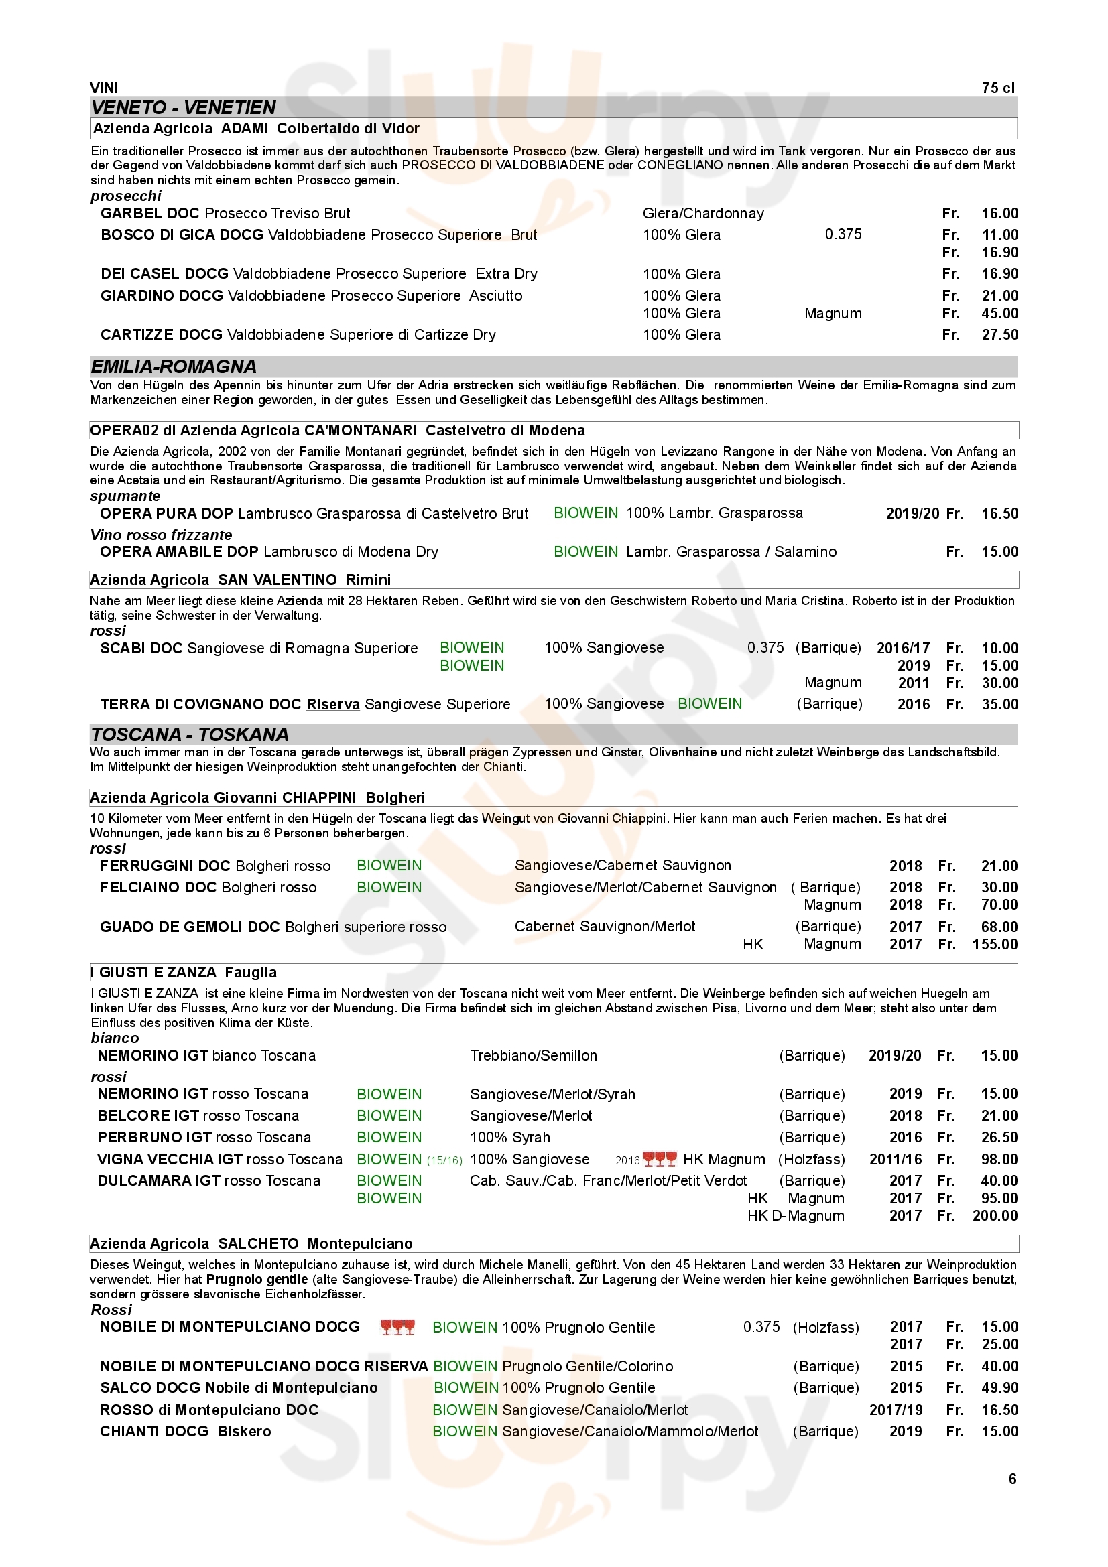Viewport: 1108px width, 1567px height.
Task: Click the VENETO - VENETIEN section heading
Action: pyautogui.click(x=183, y=107)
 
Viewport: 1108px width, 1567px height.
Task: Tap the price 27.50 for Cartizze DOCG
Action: pyautogui.click(x=999, y=334)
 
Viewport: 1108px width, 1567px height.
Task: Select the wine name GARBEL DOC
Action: pyautogui.click(x=149, y=214)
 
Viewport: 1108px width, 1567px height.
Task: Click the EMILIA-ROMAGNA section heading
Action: pyautogui.click(x=174, y=366)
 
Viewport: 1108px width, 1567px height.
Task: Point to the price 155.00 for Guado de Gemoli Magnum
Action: pyautogui.click(x=995, y=944)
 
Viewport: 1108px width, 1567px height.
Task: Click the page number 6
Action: pyautogui.click(x=1012, y=1479)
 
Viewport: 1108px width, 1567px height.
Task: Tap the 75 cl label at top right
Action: pyautogui.click(x=998, y=88)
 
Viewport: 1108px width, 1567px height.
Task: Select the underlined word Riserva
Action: pyautogui.click(x=332, y=704)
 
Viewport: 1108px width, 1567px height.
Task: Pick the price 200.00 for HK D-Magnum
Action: pyautogui.click(x=995, y=1215)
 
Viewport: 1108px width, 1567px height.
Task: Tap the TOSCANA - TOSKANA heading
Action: pyautogui.click(x=189, y=734)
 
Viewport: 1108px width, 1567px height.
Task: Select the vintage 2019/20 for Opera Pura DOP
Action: pyautogui.click(x=912, y=513)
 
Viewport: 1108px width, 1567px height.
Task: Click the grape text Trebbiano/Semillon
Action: pyautogui.click(x=533, y=1055)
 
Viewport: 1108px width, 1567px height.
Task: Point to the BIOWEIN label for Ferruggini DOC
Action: pyautogui.click(x=389, y=866)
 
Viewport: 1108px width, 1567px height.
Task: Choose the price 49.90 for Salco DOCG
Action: pyautogui.click(x=999, y=1387)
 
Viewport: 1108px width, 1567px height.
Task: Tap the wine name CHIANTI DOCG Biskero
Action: pyautogui.click(x=185, y=1431)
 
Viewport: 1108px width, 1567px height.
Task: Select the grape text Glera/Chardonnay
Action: pyautogui.click(x=703, y=214)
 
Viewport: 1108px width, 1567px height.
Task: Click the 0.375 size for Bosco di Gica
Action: pyautogui.click(x=843, y=234)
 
